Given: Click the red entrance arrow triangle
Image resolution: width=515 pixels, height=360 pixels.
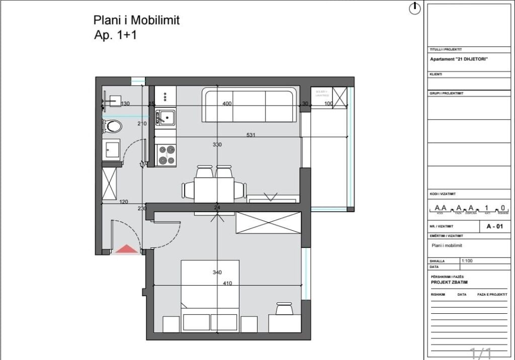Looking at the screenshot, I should tap(126, 248).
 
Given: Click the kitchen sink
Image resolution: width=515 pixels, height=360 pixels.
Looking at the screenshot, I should tap(164, 118).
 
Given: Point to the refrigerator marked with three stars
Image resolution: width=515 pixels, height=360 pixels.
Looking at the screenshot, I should tap(165, 95).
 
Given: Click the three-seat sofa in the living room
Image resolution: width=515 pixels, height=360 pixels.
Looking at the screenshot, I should tap(249, 106).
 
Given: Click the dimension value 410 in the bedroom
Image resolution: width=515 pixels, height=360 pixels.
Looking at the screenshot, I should tap(227, 283).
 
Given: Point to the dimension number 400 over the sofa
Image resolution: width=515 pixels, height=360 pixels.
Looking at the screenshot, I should tap(227, 104).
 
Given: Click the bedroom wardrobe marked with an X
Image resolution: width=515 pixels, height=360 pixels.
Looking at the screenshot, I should tap(268, 222).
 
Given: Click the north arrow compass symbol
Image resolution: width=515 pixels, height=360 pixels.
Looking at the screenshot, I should tap(414, 8).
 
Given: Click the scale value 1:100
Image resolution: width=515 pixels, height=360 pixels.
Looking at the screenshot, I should tap(467, 261).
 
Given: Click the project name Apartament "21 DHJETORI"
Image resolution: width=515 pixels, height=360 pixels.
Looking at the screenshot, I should tap(458, 59).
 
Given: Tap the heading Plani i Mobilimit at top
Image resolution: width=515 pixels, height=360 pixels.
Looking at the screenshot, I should tap(136, 20).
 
